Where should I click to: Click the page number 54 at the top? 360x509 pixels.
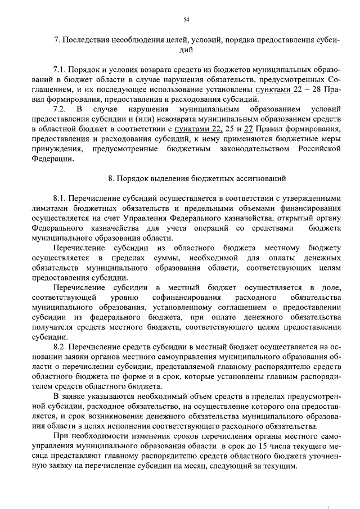coord(186,20)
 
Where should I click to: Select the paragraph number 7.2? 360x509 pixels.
coord(60,108)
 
